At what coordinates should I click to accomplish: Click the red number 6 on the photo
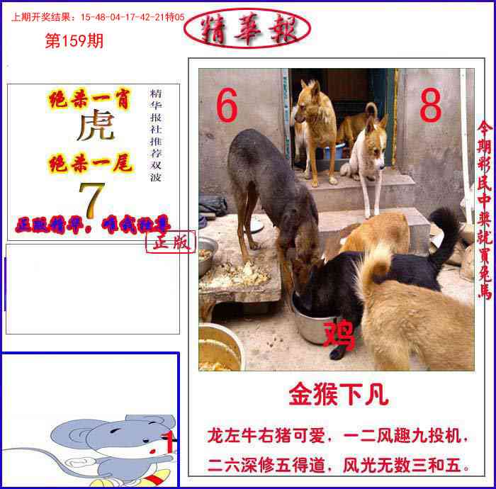click(x=227, y=108)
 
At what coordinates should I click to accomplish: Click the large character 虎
click(x=95, y=128)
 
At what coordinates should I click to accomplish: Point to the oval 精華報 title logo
click(x=247, y=28)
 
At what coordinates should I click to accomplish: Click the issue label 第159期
click(x=74, y=42)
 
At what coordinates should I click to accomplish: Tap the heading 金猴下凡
click(x=338, y=395)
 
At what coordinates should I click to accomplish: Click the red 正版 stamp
click(x=170, y=242)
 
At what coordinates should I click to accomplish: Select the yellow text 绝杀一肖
click(x=89, y=100)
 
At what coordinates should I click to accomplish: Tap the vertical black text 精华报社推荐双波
click(x=156, y=135)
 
